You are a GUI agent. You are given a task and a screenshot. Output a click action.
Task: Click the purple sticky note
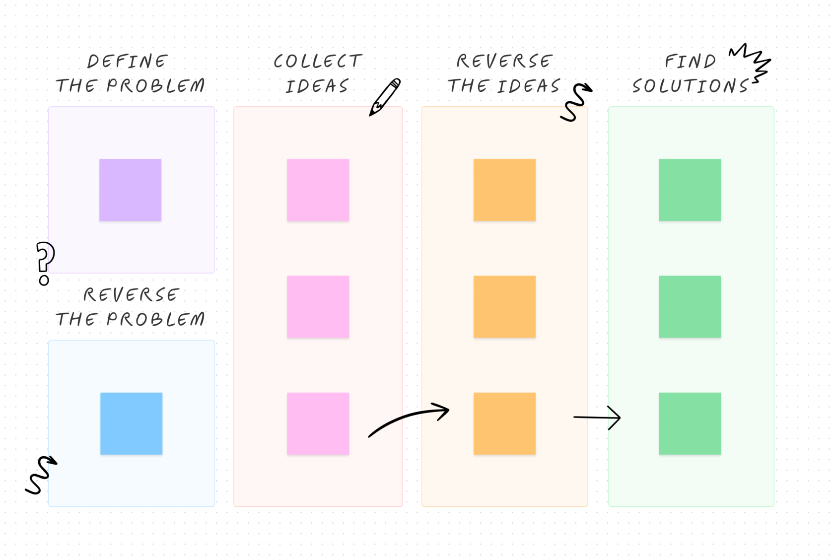click(130, 190)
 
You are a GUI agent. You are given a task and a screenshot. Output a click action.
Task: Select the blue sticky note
click(131, 423)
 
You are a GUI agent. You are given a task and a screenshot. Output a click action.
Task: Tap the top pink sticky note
click(318, 190)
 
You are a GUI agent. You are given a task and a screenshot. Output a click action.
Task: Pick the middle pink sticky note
click(318, 306)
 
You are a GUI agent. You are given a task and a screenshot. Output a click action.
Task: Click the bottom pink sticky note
click(318, 423)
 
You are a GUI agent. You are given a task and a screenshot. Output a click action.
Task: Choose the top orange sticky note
click(504, 190)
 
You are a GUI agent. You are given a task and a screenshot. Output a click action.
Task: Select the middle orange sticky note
click(504, 306)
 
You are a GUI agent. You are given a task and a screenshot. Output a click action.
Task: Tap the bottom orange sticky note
click(504, 423)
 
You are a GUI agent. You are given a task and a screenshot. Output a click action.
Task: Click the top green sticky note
click(690, 190)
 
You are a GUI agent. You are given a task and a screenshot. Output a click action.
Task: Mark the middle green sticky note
click(690, 306)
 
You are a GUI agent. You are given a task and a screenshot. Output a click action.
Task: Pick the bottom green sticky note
click(690, 423)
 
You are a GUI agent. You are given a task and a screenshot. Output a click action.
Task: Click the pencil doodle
click(385, 97)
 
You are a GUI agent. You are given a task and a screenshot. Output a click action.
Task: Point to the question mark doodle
click(45, 262)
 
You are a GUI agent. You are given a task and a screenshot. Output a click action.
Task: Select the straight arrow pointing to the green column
click(597, 417)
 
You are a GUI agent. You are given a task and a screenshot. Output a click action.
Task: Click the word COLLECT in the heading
click(318, 61)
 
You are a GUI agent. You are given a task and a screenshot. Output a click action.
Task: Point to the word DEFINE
click(128, 61)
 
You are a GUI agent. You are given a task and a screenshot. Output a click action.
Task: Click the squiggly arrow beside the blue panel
click(41, 474)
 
